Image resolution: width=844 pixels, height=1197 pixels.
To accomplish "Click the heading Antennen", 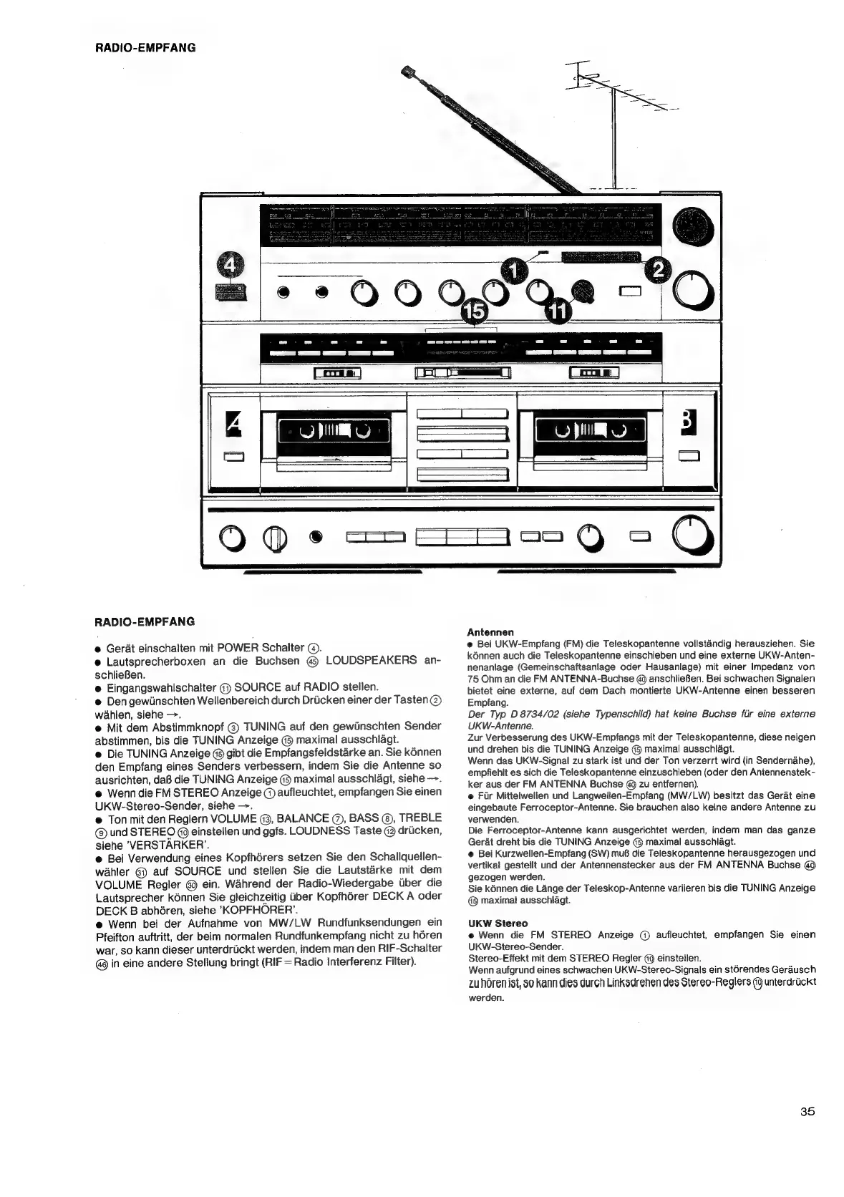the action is point(490,632).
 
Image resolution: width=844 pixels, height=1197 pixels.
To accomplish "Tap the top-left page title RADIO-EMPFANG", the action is point(145,49).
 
